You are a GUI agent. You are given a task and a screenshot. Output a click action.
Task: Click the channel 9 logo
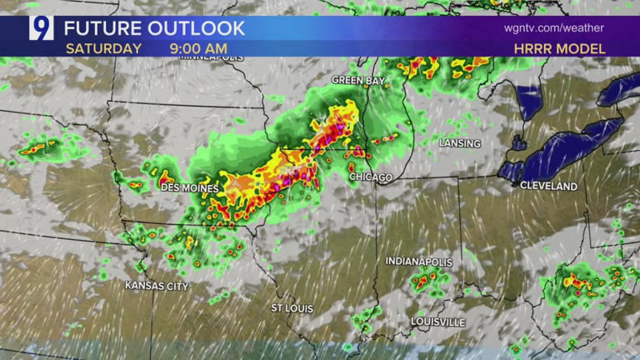[x=41, y=27]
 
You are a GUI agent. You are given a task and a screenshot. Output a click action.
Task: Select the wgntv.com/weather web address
[x=554, y=27]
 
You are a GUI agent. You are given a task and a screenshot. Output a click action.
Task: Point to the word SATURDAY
[x=103, y=48]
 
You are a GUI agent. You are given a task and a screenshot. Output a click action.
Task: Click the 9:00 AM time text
[x=199, y=48]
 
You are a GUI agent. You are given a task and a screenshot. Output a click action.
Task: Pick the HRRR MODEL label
[x=559, y=48]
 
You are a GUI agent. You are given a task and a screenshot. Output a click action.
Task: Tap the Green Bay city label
[x=359, y=80]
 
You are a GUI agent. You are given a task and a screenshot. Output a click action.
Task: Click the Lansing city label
[x=460, y=143]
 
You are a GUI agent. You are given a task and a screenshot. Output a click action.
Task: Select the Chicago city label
[x=371, y=177]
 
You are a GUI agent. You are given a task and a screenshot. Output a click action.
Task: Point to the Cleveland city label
[x=548, y=187]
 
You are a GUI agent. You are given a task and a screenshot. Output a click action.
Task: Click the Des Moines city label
[x=189, y=188]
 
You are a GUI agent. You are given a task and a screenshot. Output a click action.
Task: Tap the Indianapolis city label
[x=418, y=262]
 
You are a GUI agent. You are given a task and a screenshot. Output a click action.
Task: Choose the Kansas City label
[x=156, y=286]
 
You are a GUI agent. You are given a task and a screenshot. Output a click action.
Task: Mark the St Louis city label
[x=292, y=308]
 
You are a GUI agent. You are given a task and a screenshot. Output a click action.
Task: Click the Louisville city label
[x=437, y=322]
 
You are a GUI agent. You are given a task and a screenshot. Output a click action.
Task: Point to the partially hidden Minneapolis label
[x=212, y=58]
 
